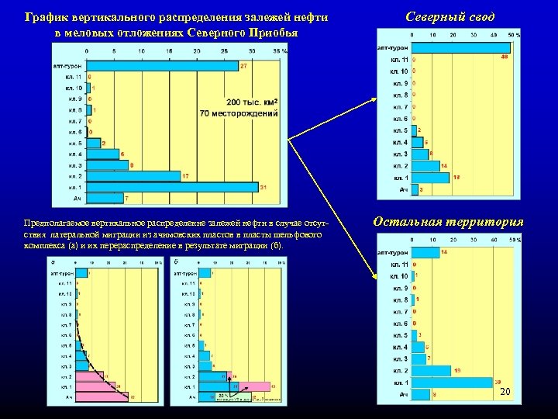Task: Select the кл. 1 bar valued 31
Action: (171, 187)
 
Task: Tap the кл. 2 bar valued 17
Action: (133, 176)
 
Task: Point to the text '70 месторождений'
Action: (239, 113)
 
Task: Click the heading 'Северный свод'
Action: (449, 17)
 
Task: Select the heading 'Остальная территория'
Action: (448, 222)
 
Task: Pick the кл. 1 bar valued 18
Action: (430, 178)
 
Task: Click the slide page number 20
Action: (505, 393)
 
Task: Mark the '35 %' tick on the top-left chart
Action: (280, 50)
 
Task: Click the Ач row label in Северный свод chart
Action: (403, 189)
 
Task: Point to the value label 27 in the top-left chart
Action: (243, 67)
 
